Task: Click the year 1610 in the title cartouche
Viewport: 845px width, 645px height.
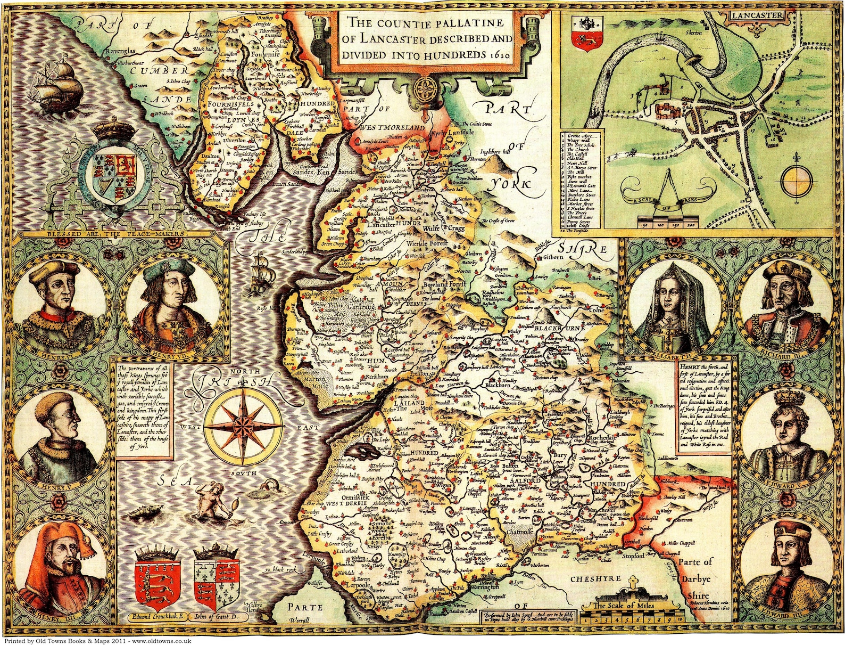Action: [x=499, y=55]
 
